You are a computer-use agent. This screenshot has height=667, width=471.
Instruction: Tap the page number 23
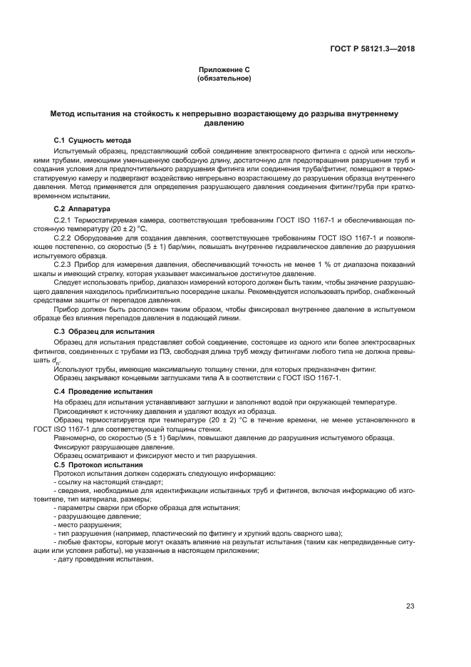(x=410, y=606)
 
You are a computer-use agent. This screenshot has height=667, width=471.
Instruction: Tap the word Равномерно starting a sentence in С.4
(x=74, y=437)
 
